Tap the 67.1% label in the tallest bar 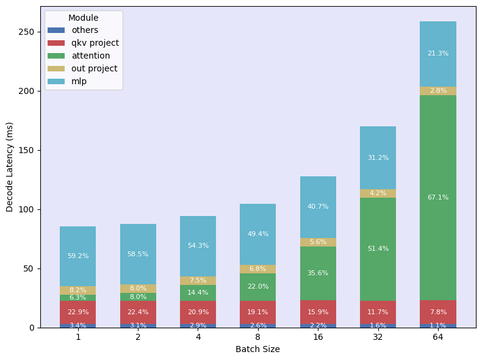click(438, 197)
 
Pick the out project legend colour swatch click(56, 68)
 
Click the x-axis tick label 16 click(318, 337)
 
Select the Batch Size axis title click(257, 350)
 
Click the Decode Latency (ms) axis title click(10, 167)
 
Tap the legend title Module click(83, 18)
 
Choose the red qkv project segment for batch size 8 click(258, 312)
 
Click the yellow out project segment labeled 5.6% click(318, 242)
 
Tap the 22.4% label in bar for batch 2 click(138, 312)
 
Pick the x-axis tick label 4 click(198, 337)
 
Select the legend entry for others click(84, 30)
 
